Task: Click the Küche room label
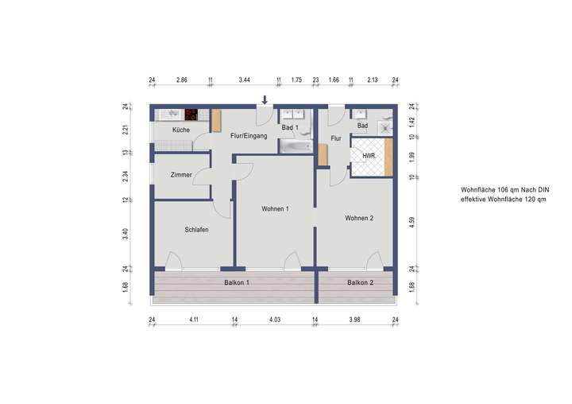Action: (180, 130)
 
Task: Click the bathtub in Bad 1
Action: (293, 146)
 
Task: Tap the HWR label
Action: (368, 156)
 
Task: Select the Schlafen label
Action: (196, 229)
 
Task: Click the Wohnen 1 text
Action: (275, 209)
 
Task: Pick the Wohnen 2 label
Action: (359, 217)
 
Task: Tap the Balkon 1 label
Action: (237, 282)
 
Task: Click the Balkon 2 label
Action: (360, 282)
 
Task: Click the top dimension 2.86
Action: (181, 80)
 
